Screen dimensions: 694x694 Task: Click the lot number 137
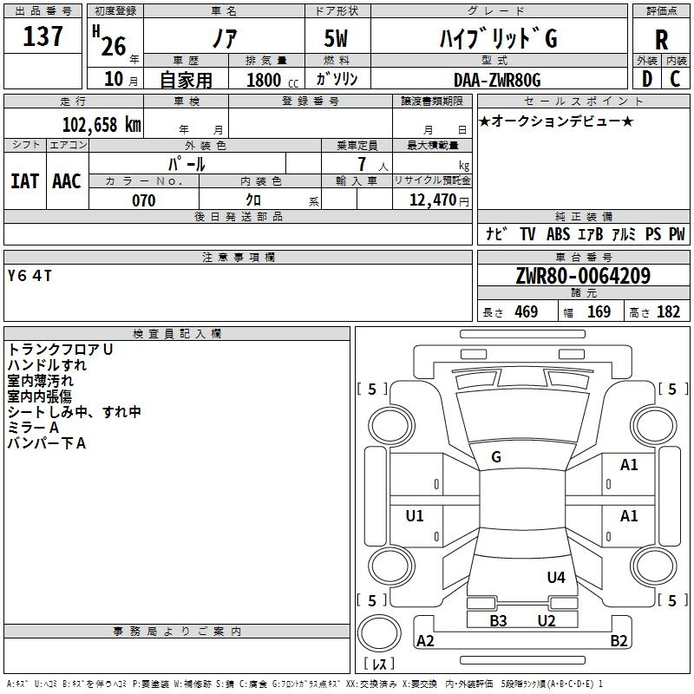43,36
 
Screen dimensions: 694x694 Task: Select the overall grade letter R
661,40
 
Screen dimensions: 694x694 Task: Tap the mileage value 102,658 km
101,125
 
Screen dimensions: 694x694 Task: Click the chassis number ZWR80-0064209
583,276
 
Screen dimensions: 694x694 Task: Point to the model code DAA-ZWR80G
497,80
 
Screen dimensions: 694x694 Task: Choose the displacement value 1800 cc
272,80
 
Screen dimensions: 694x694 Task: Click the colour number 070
144,200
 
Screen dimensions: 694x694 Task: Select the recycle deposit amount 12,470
432,200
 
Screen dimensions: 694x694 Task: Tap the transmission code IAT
25,181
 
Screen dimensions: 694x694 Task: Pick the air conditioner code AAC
67,181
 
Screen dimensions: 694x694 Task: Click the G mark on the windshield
496,457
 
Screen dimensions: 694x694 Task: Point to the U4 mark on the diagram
556,577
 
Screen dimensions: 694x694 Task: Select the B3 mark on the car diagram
498,621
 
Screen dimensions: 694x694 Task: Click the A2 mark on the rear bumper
425,640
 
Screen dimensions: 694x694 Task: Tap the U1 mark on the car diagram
415,515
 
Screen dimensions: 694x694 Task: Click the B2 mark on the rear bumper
619,640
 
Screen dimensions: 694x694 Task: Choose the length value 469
527,311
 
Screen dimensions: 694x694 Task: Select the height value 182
668,311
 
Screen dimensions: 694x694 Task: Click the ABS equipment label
558,234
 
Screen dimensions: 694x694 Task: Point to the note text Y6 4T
29,276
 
